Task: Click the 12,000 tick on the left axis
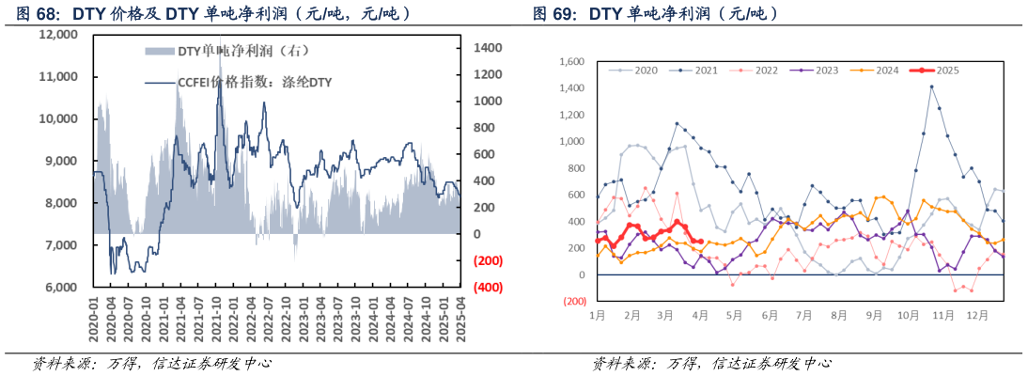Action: tap(58, 35)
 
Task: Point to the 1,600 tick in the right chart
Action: tap(571, 62)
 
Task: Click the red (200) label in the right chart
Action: tap(572, 302)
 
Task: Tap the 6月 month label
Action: tap(770, 316)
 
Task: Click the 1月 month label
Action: tap(597, 316)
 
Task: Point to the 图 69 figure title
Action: tap(655, 14)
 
